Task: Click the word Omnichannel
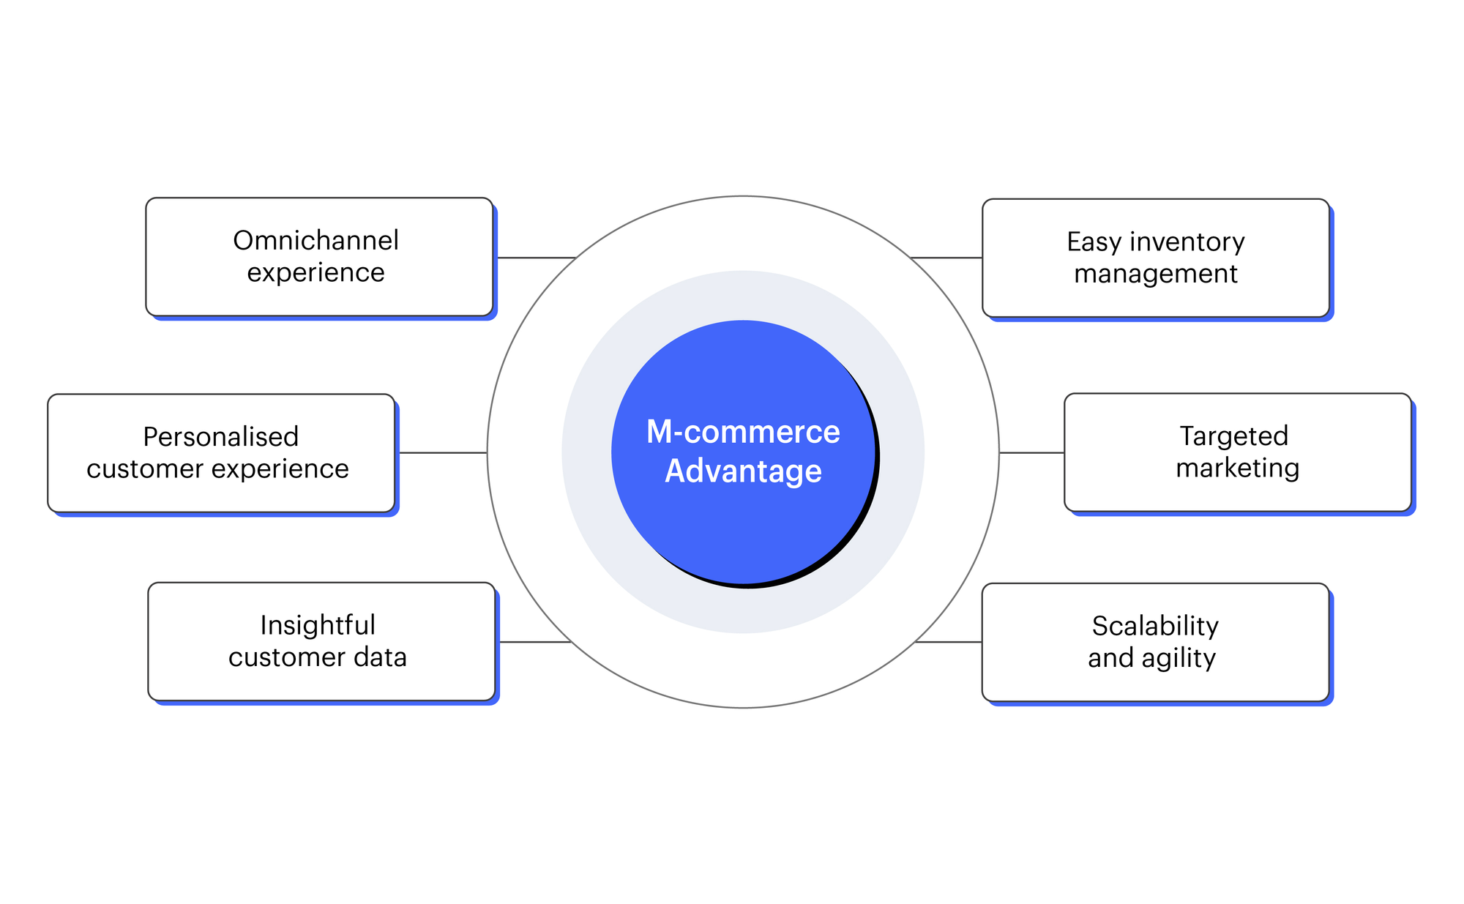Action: tap(315, 240)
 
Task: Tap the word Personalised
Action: tap(220, 437)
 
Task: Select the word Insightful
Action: tap(318, 625)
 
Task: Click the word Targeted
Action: tap(1233, 436)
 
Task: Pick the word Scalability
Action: tap(1155, 626)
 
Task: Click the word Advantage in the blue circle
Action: tap(743, 471)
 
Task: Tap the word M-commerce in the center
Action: tap(743, 432)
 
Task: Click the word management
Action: tap(1156, 274)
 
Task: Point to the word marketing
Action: tap(1237, 468)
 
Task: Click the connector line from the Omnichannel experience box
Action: tap(537, 258)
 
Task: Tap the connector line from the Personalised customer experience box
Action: tap(443, 453)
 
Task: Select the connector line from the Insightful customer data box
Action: tap(534, 642)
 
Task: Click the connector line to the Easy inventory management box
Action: tap(946, 258)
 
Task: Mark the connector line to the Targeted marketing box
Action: tap(1031, 453)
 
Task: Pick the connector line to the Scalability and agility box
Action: tap(949, 642)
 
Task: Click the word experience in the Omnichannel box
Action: tap(315, 272)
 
